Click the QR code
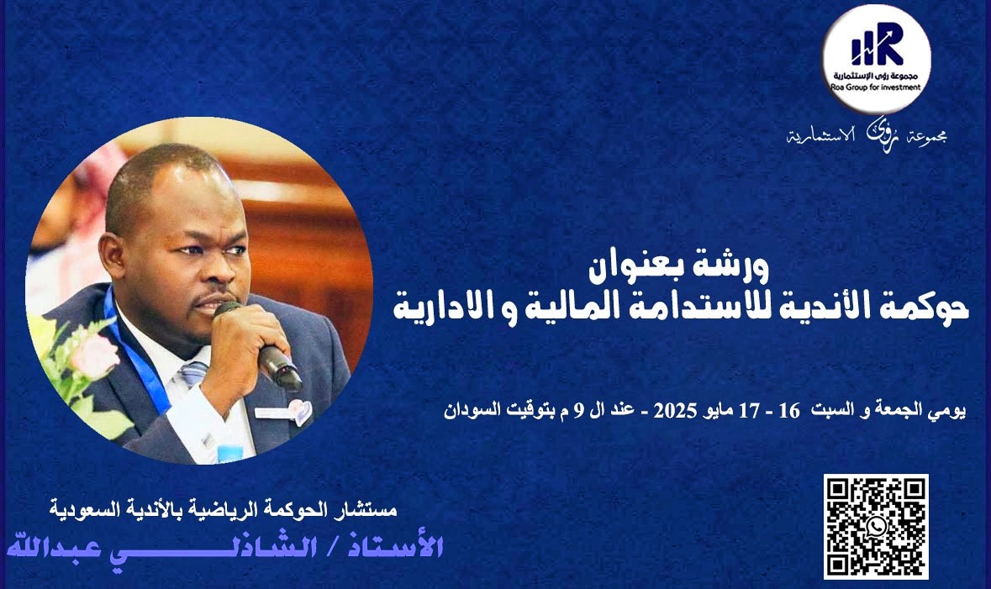876,527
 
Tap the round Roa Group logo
876,59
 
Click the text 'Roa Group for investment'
876,87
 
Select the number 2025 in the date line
675,411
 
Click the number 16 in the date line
789,411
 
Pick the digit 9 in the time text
577,411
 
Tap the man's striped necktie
193,373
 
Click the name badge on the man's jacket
284,412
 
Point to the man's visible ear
113,257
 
